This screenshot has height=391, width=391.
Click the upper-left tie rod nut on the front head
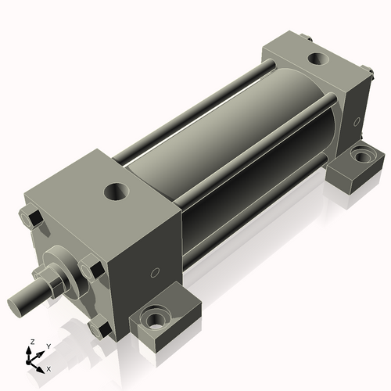coord(32,218)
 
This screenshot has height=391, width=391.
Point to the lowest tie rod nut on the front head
coord(97,328)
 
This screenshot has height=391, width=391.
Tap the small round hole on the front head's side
coord(155,273)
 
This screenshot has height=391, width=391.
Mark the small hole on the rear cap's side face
coord(357,122)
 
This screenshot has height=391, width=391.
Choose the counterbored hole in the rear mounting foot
coord(361,156)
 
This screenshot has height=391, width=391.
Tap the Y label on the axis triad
coord(48,346)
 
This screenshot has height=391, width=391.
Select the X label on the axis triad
coord(48,368)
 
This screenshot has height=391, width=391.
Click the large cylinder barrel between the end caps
coord(258,141)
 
